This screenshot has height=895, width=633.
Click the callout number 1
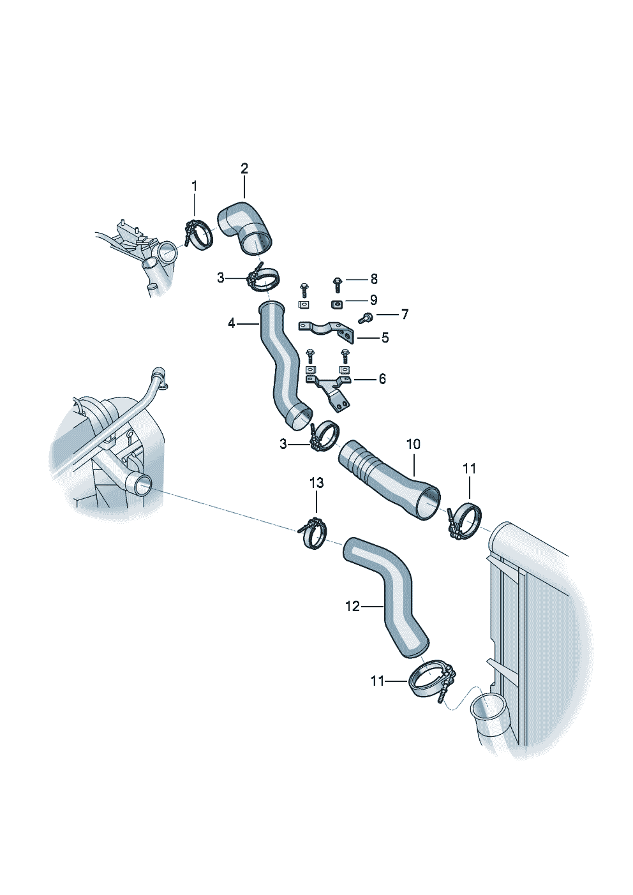click(195, 186)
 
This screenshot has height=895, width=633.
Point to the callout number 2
click(244, 168)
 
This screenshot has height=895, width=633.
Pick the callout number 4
click(232, 323)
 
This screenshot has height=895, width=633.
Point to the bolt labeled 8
click(338, 281)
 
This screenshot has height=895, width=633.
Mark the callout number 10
click(413, 444)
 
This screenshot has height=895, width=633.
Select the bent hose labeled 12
click(389, 596)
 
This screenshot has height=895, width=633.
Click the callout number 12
click(352, 606)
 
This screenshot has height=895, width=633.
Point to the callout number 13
click(316, 483)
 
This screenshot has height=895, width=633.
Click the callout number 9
click(373, 300)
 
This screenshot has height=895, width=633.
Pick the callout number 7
click(405, 314)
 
